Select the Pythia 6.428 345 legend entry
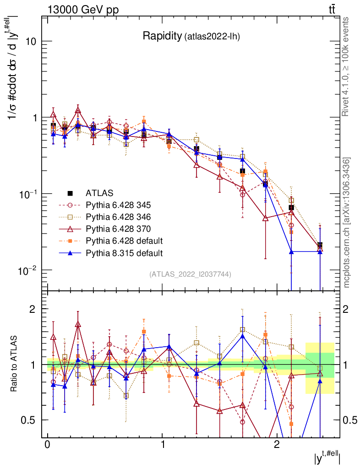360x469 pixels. [118, 205]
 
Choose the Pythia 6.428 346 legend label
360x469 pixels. [118, 217]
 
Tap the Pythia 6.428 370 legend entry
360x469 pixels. [118, 229]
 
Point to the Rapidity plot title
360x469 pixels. [192, 36]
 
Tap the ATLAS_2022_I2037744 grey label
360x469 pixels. [190, 274]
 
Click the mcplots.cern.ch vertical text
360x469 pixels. [347, 222]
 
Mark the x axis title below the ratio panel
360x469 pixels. [327, 458]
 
